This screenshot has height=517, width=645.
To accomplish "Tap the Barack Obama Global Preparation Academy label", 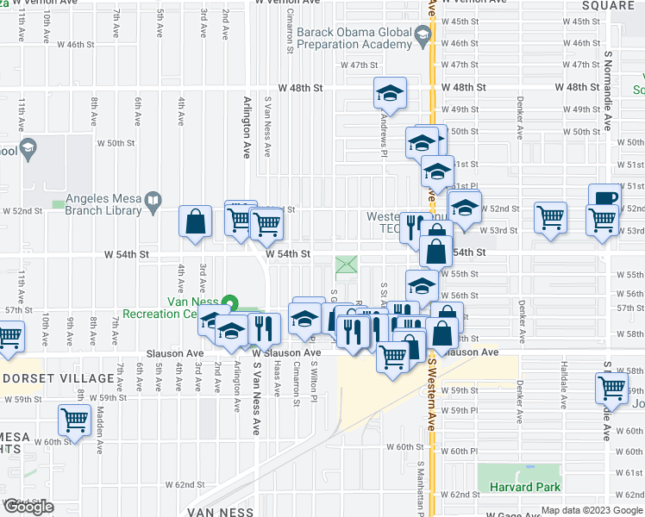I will (354, 40).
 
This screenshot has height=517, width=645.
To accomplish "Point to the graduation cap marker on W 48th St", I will (390, 92).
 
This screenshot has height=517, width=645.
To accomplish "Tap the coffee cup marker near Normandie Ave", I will (604, 199).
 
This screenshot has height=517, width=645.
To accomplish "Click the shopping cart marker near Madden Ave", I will (74, 420).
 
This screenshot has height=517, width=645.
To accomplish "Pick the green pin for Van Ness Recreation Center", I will (229, 303).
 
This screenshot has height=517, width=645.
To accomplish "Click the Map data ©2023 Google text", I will (592, 510).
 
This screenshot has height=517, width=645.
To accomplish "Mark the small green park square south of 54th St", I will (346, 265).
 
